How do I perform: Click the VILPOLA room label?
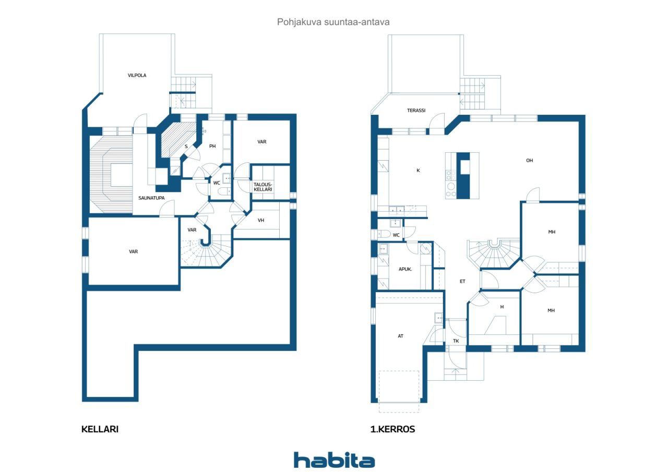point(137,76)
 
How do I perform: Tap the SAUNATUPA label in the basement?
point(151,198)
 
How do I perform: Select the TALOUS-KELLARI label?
point(263,187)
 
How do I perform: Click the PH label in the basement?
point(212,146)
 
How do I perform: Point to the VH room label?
point(261,220)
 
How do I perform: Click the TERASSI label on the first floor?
point(416,110)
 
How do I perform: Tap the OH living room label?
point(529,160)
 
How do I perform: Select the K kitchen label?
point(418,171)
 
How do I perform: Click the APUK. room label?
point(405,269)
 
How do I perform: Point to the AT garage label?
point(400,336)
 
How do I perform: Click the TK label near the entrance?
point(456,341)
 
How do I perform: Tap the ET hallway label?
point(462,281)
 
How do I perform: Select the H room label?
point(502,307)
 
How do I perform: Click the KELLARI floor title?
point(100,429)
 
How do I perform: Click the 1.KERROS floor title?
point(392,429)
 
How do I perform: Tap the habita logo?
point(334,460)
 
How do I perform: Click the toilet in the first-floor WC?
point(384,234)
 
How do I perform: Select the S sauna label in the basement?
point(186,147)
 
